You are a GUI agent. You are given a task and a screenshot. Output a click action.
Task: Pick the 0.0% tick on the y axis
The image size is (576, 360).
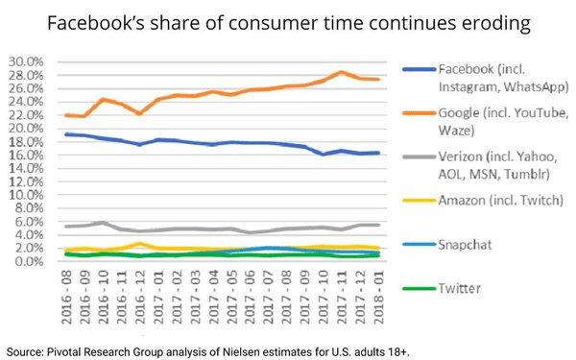tap(30, 261)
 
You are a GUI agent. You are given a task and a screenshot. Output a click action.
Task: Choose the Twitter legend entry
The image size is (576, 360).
tap(461, 286)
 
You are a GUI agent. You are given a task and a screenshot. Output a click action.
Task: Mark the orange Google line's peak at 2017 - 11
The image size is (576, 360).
tap(341, 72)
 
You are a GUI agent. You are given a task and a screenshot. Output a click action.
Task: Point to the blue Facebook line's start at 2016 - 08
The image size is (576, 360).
tap(66, 134)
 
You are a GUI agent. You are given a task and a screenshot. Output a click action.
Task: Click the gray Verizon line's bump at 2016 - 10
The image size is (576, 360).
tap(103, 223)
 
